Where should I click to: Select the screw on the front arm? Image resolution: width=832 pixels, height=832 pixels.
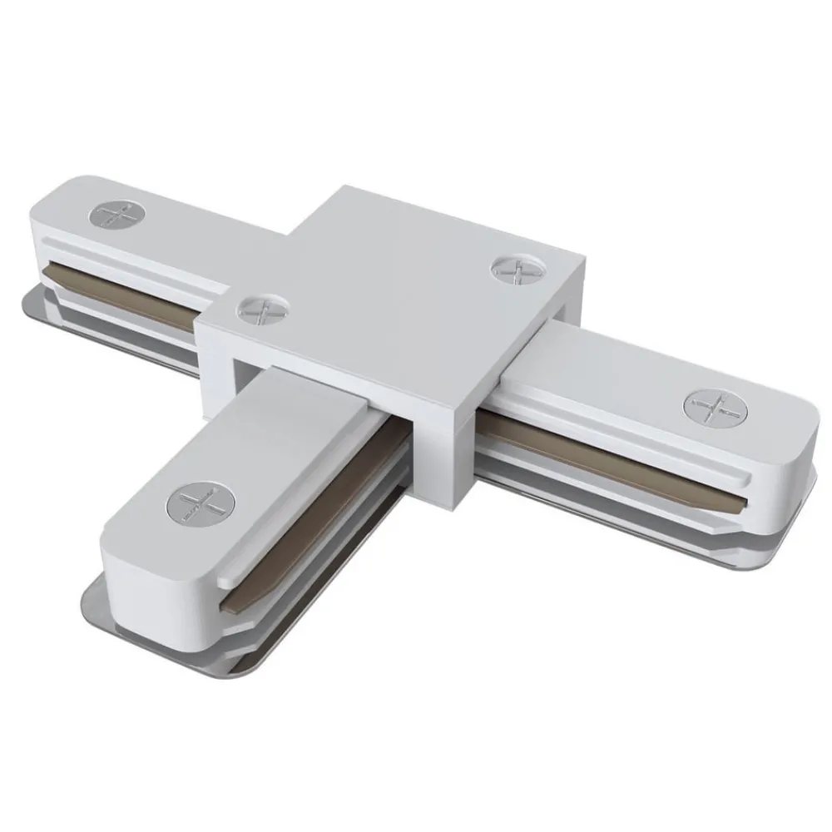pos(201,503)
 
